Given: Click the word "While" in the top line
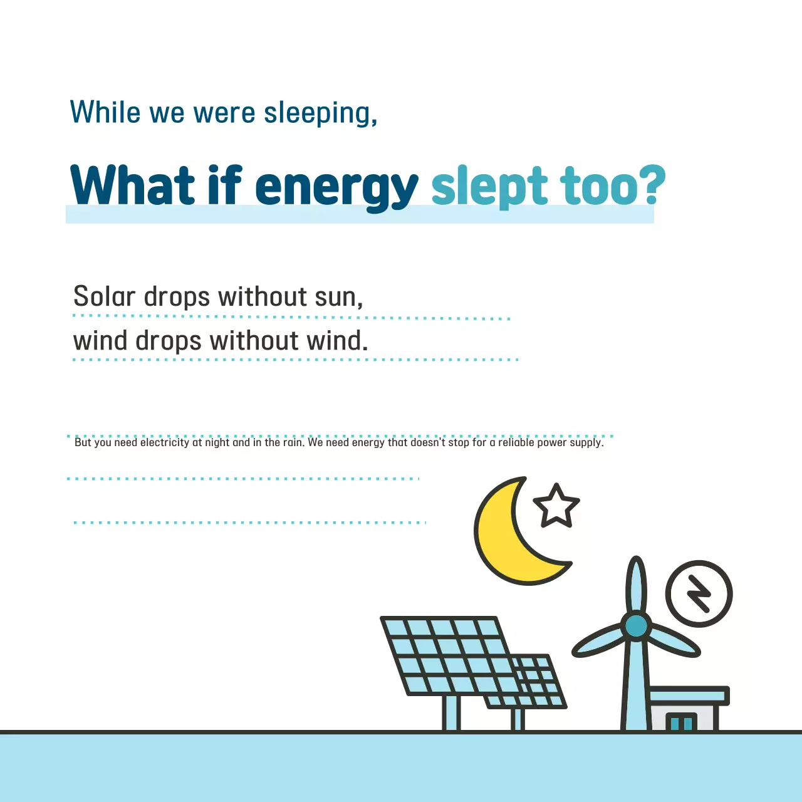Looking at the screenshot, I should click(105, 113).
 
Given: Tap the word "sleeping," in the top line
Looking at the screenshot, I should click(320, 114).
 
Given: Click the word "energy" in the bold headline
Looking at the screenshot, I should click(336, 188).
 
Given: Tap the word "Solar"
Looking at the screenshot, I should click(104, 296).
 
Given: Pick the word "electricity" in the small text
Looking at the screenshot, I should click(165, 442).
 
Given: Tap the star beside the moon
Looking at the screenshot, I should click(556, 506).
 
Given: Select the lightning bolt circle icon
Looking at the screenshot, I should click(699, 593).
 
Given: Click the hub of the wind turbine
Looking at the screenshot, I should click(636, 626).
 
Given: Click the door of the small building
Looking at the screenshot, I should click(681, 722).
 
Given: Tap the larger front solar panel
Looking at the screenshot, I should click(448, 655).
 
